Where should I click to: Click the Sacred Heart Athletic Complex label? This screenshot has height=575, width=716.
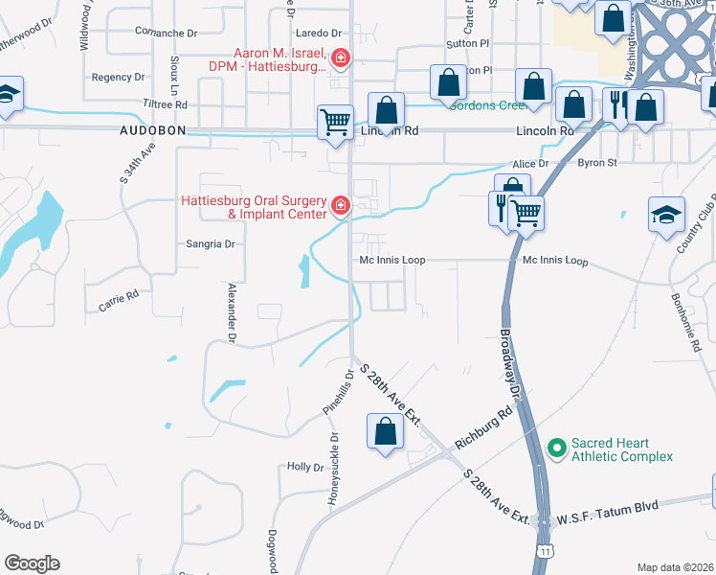pos(623,449)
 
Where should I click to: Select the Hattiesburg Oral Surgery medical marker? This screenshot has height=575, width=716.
pos(339,206)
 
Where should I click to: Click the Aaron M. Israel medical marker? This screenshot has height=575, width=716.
pos(339,60)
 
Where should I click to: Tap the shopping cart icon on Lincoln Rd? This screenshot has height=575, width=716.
pos(335,122)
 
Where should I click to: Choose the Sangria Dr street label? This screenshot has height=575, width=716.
pos(211,244)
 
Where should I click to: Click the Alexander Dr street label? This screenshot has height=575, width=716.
pos(232,312)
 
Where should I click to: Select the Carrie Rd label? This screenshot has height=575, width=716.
pos(119,301)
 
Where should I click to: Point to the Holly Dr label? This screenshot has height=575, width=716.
pos(305,467)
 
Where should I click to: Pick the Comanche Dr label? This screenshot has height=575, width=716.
pos(166,33)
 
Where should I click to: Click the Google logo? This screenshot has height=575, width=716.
pos(32,563)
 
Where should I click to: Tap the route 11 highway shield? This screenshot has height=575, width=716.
pos(546,553)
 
